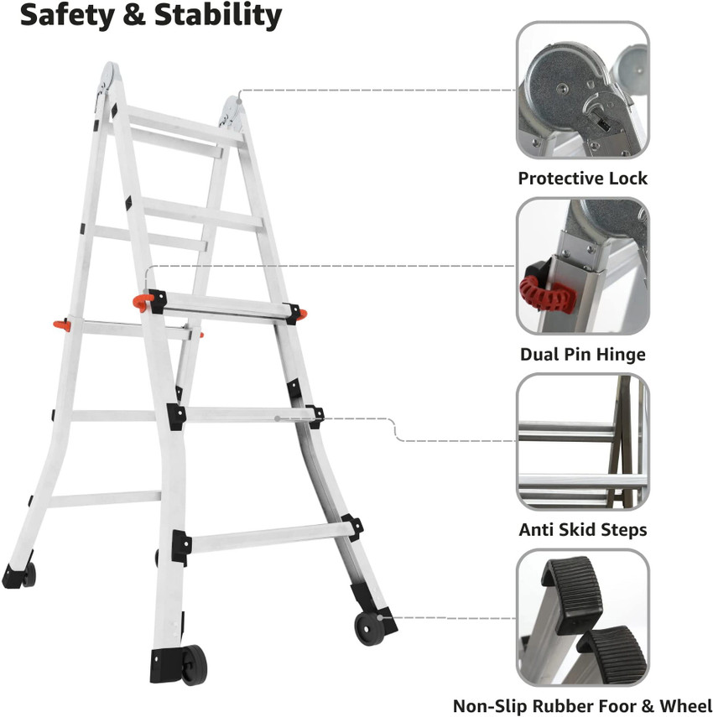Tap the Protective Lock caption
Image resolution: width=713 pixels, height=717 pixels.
582,178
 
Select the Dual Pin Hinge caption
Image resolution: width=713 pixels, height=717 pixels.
582,354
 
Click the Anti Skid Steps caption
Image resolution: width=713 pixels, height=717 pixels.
582,530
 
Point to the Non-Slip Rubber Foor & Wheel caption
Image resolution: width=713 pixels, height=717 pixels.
582,706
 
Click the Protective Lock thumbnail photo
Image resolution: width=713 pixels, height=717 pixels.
582,90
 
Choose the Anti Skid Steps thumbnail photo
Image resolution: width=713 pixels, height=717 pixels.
582,442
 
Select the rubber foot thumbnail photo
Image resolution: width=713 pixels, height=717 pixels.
582,618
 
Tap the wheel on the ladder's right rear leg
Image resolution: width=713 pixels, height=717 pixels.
367,627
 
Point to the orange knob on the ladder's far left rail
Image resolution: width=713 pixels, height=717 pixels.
58,324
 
